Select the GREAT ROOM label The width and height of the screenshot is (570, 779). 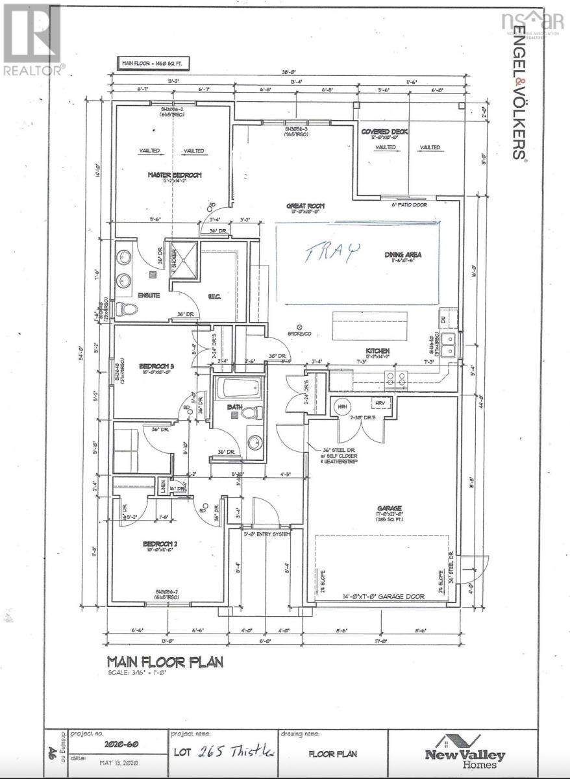point(306,206)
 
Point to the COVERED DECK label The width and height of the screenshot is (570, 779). point(384,132)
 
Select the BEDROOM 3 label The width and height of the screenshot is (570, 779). point(156,367)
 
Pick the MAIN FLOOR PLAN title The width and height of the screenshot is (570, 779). point(165,662)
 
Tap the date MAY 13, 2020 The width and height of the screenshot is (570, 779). point(107,761)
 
